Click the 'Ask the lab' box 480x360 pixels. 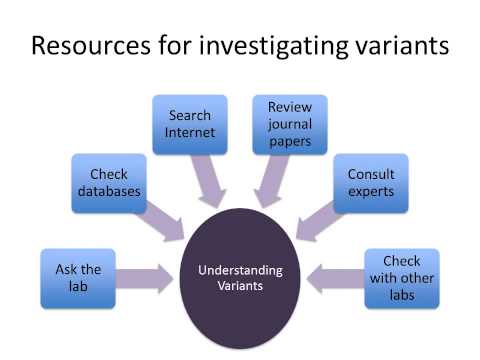coord(77,278)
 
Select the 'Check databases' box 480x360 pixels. coord(109,183)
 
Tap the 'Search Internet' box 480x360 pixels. coord(191,124)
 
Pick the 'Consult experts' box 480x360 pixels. coord(370,183)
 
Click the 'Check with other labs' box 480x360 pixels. coord(401,278)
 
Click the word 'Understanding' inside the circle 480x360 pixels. coord(240,271)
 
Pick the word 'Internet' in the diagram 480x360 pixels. coord(191,133)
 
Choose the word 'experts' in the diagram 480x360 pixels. coord(371,191)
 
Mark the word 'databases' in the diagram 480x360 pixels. coord(109,191)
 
